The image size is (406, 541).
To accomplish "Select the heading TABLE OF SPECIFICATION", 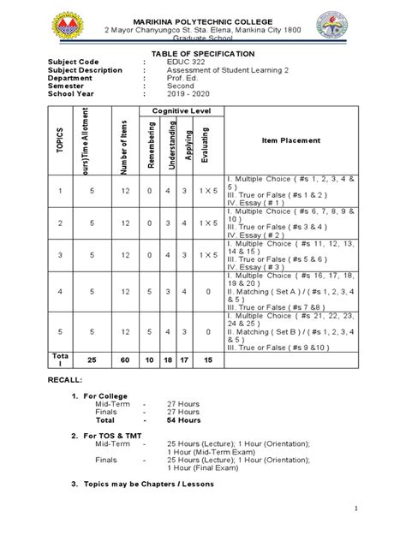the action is click(x=203, y=53).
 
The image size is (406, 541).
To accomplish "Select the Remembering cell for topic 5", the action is click(x=150, y=330).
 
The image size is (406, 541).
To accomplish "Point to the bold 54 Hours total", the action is click(x=184, y=420).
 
